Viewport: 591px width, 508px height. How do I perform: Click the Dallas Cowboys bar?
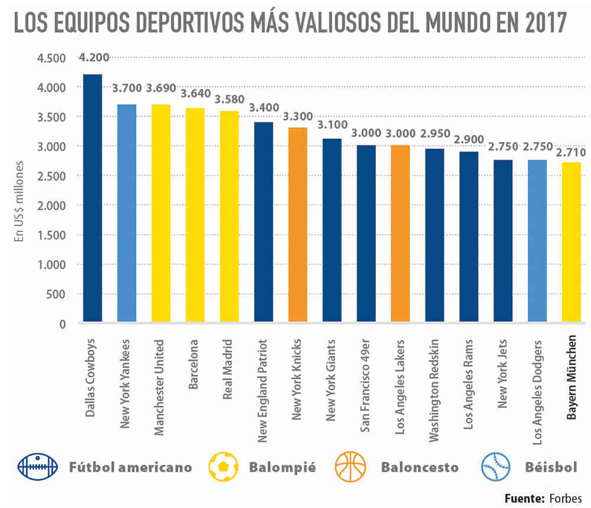point(92,198)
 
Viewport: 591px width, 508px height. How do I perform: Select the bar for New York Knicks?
point(298,225)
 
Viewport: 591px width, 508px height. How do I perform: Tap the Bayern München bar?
point(571,242)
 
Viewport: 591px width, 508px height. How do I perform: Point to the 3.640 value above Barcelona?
point(195,93)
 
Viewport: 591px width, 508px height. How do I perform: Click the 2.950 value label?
point(435,134)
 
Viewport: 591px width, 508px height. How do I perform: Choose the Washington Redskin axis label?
point(435,390)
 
